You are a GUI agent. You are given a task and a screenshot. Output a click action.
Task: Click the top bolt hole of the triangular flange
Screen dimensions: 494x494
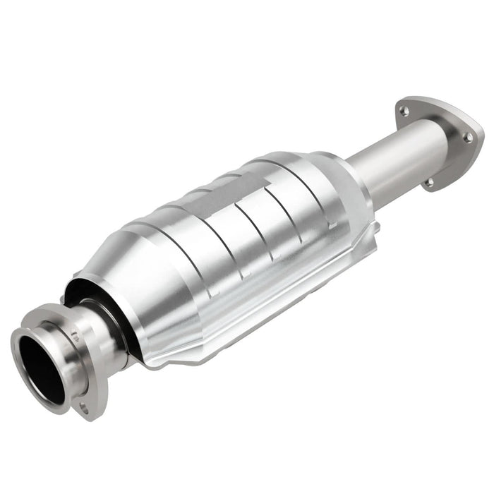[x=403, y=110]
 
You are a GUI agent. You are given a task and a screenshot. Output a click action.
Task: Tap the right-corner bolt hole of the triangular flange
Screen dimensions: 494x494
[x=466, y=137]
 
